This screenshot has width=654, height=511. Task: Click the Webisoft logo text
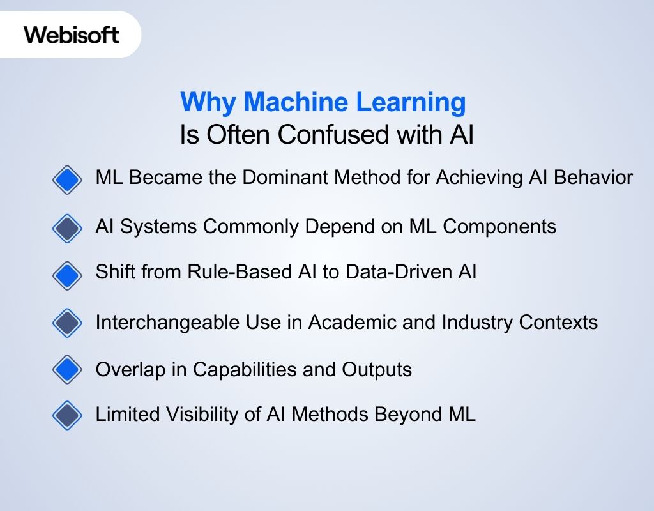coord(72,34)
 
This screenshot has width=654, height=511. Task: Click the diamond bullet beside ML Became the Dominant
coord(67,179)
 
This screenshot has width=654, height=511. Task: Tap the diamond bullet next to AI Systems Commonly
coord(67,227)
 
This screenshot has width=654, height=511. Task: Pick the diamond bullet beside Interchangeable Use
coord(67,323)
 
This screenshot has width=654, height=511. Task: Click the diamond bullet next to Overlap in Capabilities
coord(67,369)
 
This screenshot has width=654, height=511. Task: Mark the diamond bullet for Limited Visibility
coord(67,416)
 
